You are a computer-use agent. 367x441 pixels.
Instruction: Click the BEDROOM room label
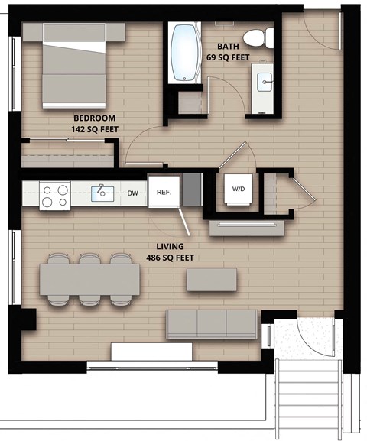click(x=94, y=118)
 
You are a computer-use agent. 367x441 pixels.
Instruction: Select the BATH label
click(x=228, y=46)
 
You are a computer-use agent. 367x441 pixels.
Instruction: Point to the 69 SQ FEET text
click(x=228, y=57)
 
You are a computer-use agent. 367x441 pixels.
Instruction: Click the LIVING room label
click(x=169, y=247)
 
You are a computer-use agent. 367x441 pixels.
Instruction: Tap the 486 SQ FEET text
click(x=169, y=258)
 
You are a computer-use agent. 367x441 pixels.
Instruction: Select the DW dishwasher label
click(x=133, y=194)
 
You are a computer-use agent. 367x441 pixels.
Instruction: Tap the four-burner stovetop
click(x=55, y=195)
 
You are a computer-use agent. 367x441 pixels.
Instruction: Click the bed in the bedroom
click(x=73, y=65)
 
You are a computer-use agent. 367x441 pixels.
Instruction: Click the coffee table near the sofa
click(x=211, y=280)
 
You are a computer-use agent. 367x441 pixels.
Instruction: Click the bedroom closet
click(x=67, y=153)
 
